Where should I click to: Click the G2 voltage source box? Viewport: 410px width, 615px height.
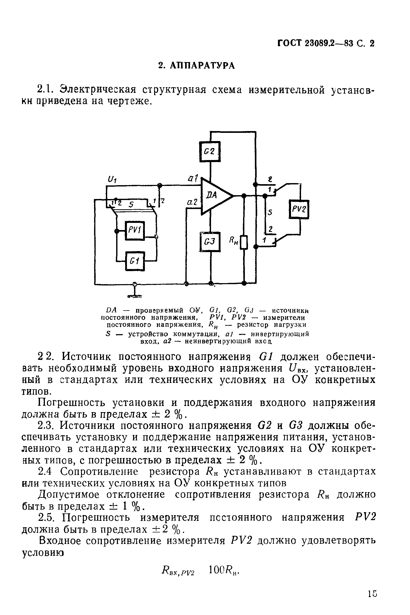210,152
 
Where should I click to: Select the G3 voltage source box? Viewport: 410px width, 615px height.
210,242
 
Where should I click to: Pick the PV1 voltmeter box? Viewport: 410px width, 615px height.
135,230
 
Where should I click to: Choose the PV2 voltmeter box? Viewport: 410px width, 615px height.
299,209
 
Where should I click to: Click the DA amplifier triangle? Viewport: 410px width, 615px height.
214,196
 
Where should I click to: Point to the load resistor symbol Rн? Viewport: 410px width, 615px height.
244,242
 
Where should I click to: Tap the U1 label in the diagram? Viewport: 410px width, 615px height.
112,179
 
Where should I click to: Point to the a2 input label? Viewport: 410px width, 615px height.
193,202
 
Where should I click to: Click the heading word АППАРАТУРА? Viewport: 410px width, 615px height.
202,66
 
